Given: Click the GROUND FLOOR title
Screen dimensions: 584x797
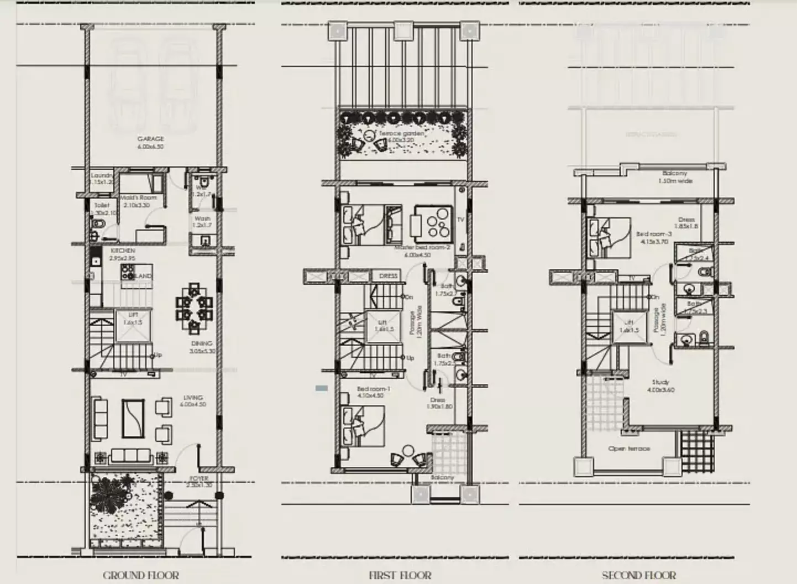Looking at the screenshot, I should pyautogui.click(x=141, y=575).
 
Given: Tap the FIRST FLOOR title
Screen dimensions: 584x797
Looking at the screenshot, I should pyautogui.click(x=400, y=575).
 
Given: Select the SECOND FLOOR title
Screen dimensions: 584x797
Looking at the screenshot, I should pyautogui.click(x=638, y=575).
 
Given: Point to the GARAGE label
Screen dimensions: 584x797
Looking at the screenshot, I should pyautogui.click(x=150, y=139).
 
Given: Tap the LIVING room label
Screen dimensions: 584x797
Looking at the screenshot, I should pyautogui.click(x=193, y=398).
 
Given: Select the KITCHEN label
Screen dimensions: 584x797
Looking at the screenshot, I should pyautogui.click(x=122, y=251).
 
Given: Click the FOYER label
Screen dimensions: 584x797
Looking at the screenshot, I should pyautogui.click(x=199, y=478).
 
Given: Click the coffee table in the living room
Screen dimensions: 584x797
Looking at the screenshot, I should pyautogui.click(x=133, y=418).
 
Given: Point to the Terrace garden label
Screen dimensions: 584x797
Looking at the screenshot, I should pyautogui.click(x=401, y=133).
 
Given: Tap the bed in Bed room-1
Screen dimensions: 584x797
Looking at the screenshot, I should pyautogui.click(x=364, y=425).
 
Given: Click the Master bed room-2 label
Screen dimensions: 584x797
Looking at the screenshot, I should pyautogui.click(x=422, y=248).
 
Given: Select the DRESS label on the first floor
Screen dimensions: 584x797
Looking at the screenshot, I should pyautogui.click(x=388, y=276).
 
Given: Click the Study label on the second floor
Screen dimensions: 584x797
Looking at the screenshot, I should pyautogui.click(x=660, y=382).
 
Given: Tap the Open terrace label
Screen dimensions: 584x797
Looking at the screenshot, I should pyautogui.click(x=629, y=449).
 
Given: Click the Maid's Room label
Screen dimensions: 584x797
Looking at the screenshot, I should pyautogui.click(x=138, y=197).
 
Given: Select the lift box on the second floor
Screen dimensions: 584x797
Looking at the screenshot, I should pyautogui.click(x=629, y=327).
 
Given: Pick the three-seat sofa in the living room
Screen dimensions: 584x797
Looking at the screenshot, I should pyautogui.click(x=131, y=456).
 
